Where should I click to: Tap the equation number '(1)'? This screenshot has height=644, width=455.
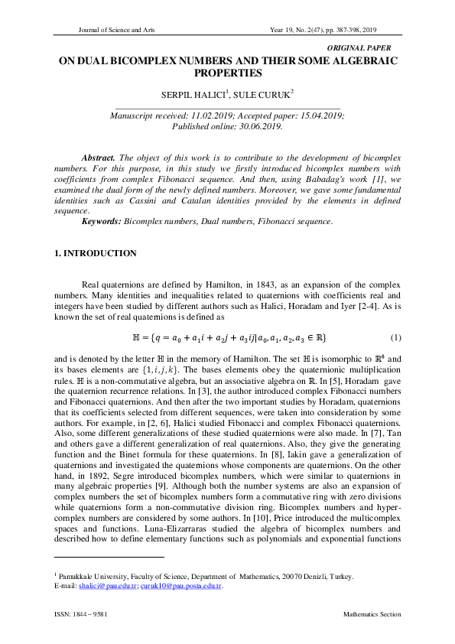[395, 316]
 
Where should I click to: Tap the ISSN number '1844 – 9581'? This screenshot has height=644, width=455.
[96, 614]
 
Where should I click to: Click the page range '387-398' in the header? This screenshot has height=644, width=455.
[359, 31]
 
